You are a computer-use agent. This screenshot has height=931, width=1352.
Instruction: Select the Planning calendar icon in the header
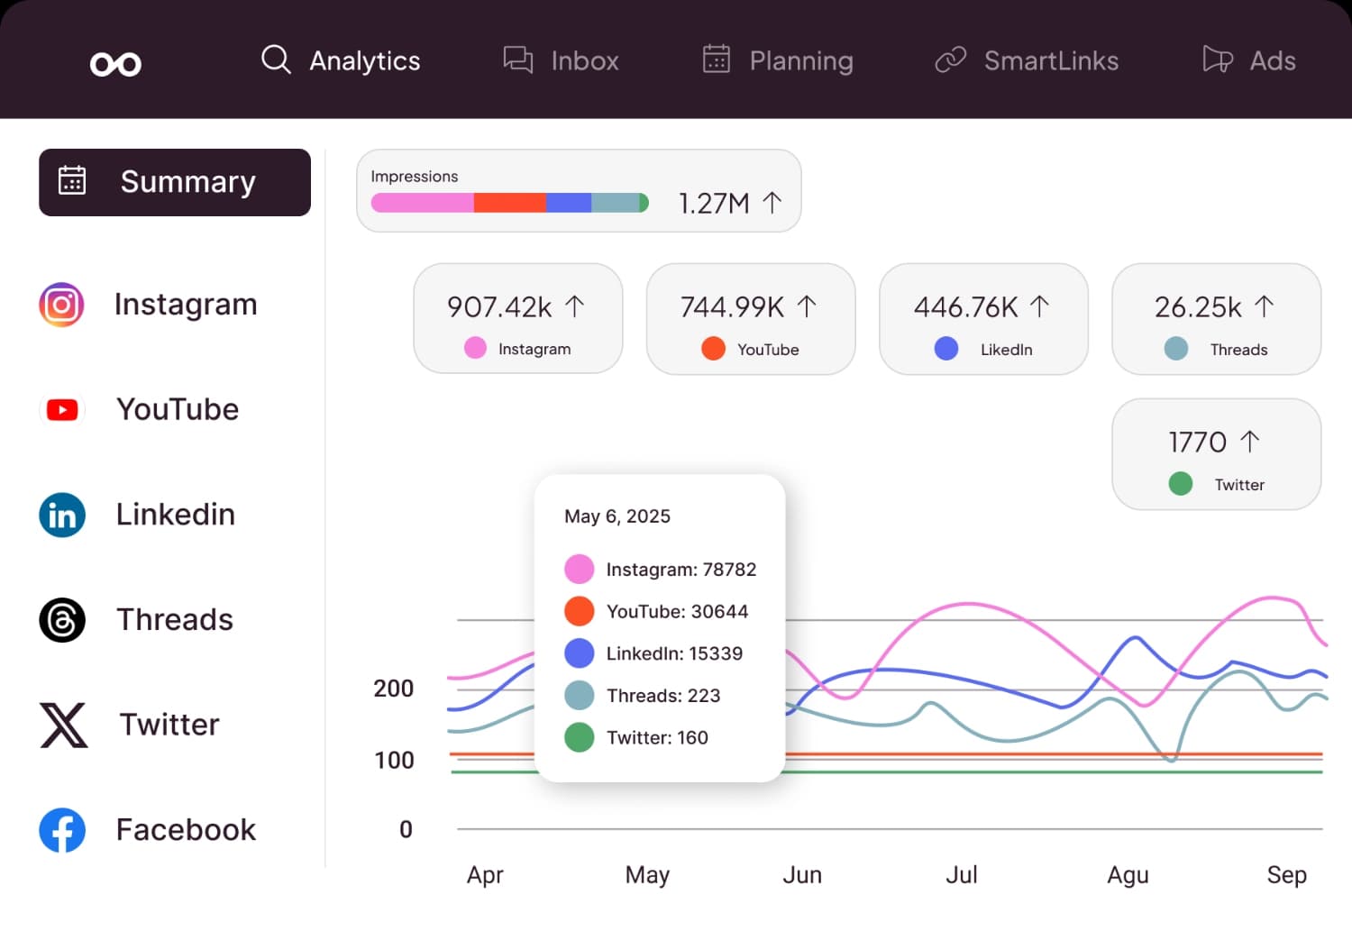click(716, 59)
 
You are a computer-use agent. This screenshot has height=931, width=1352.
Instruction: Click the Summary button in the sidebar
click(175, 182)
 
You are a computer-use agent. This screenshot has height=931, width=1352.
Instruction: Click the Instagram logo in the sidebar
click(61, 305)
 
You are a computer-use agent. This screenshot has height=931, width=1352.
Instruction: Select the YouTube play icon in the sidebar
click(62, 410)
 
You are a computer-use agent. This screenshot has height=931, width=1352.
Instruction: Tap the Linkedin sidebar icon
click(62, 516)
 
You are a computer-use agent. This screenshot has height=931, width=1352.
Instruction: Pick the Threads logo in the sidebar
click(62, 620)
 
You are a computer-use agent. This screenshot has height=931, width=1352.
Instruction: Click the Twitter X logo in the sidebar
click(63, 726)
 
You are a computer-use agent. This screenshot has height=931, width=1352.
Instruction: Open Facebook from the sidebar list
click(186, 830)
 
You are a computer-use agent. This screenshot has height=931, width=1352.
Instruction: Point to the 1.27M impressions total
click(714, 204)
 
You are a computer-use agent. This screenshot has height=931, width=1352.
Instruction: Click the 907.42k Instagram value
click(499, 307)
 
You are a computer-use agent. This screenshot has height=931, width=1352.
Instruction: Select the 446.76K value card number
click(965, 307)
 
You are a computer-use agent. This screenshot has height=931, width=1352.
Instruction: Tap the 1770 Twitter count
click(1197, 443)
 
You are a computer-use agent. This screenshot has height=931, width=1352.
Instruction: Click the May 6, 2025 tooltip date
click(617, 516)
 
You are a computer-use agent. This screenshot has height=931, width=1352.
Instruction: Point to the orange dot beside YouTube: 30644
click(579, 611)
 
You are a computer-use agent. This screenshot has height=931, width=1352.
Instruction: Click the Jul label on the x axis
click(961, 875)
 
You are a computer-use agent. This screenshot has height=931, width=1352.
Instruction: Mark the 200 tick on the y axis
click(394, 689)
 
